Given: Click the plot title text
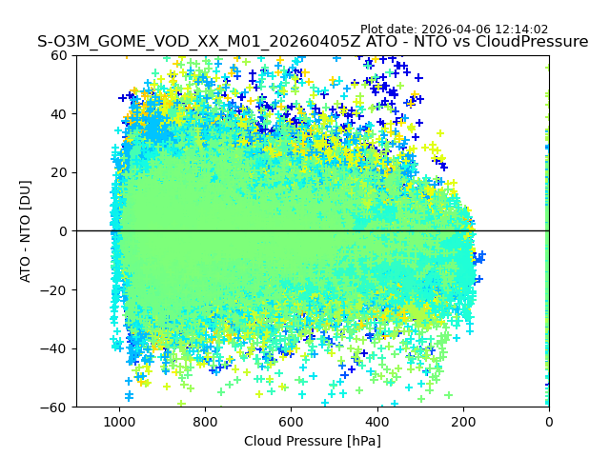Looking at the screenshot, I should tap(313, 42).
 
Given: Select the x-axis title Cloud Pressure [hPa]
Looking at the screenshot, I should tap(313, 441).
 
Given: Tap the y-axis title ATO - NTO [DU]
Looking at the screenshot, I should tap(26, 231).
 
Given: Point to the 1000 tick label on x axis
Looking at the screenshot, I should tap(119, 421).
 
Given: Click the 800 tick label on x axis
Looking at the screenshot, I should tap(205, 421).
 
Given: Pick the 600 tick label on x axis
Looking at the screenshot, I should tap(291, 421).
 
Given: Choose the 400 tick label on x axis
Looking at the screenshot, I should tap(376, 421).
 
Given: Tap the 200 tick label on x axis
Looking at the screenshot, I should tap(462, 421).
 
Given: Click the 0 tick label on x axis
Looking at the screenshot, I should tap(548, 421).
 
